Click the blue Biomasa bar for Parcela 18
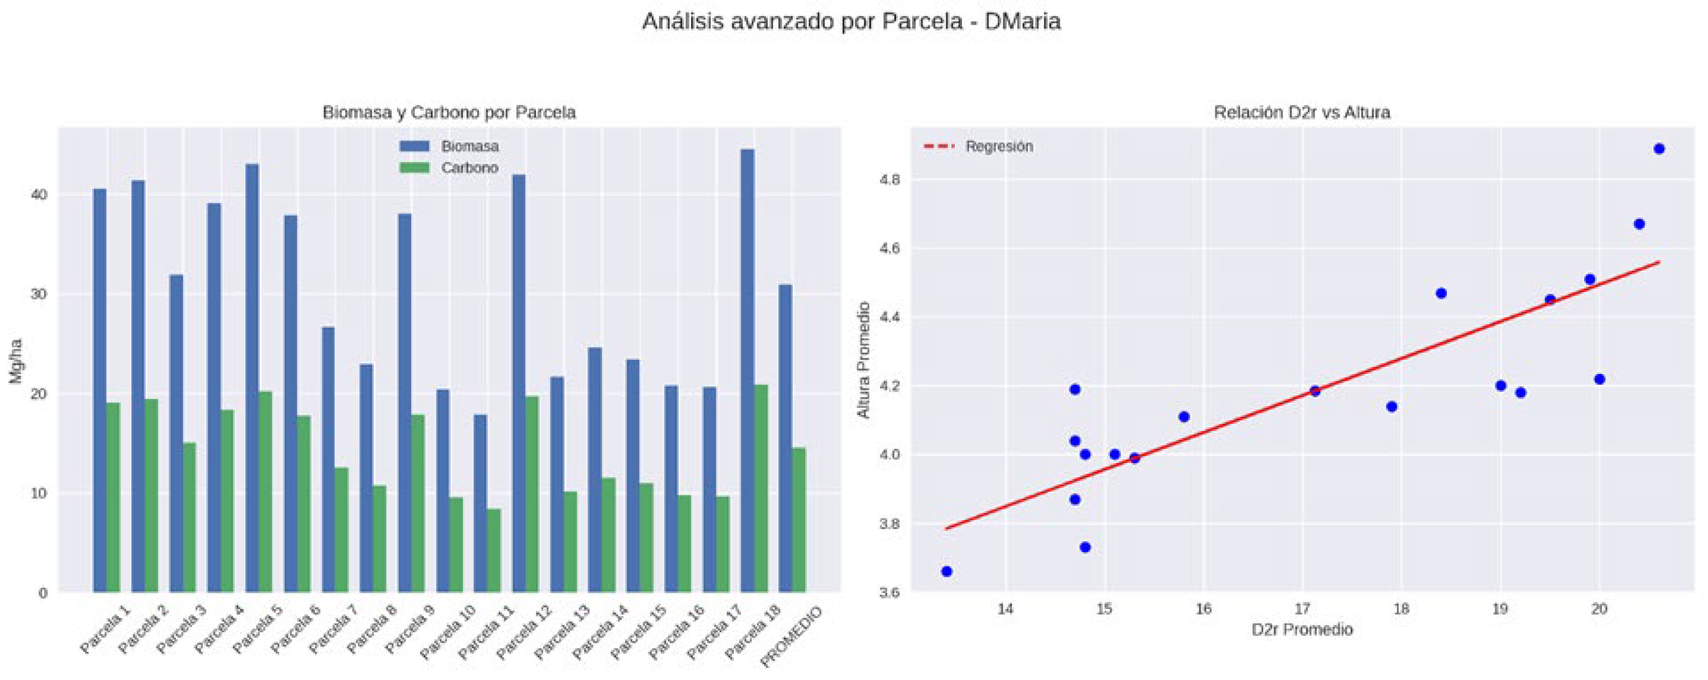pos(747,371)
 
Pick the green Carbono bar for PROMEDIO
pos(799,520)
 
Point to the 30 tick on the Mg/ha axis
pos(40,294)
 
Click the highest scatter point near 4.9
pos(1659,149)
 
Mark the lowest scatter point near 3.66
pos(947,571)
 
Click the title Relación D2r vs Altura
pos(1302,113)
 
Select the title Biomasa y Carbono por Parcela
pos(449,113)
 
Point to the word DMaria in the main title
pos(1022,22)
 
